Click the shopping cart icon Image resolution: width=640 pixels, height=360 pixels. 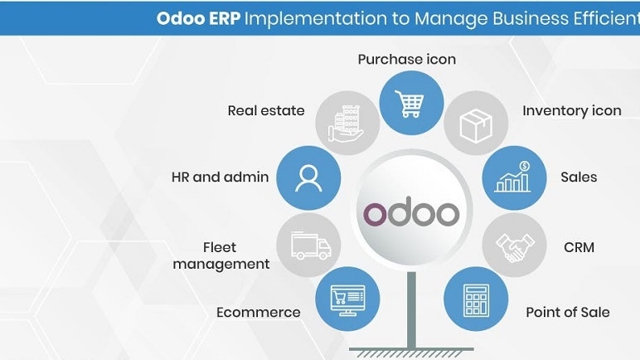coord(407,103)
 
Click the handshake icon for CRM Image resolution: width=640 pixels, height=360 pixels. coord(512,246)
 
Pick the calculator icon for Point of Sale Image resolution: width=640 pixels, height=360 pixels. coord(476,296)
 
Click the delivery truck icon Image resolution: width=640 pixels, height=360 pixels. coord(310,246)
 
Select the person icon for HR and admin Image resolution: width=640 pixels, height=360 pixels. coord(308,178)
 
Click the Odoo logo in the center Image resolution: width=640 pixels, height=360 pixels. coord(410,213)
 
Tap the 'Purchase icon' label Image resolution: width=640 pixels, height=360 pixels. coord(406,60)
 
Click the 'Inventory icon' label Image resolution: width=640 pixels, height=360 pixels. coord(571,110)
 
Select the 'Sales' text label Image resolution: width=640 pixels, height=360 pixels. coord(579,177)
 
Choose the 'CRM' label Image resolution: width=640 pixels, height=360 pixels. coord(579,246)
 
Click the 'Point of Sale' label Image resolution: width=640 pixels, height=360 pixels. coord(567,313)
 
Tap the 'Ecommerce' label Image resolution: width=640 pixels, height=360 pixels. coord(258,313)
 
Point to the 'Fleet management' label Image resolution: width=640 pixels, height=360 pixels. coord(235,255)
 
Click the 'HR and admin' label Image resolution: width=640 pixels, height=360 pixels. coord(220,177)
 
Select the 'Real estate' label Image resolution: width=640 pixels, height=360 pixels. coord(266,110)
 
